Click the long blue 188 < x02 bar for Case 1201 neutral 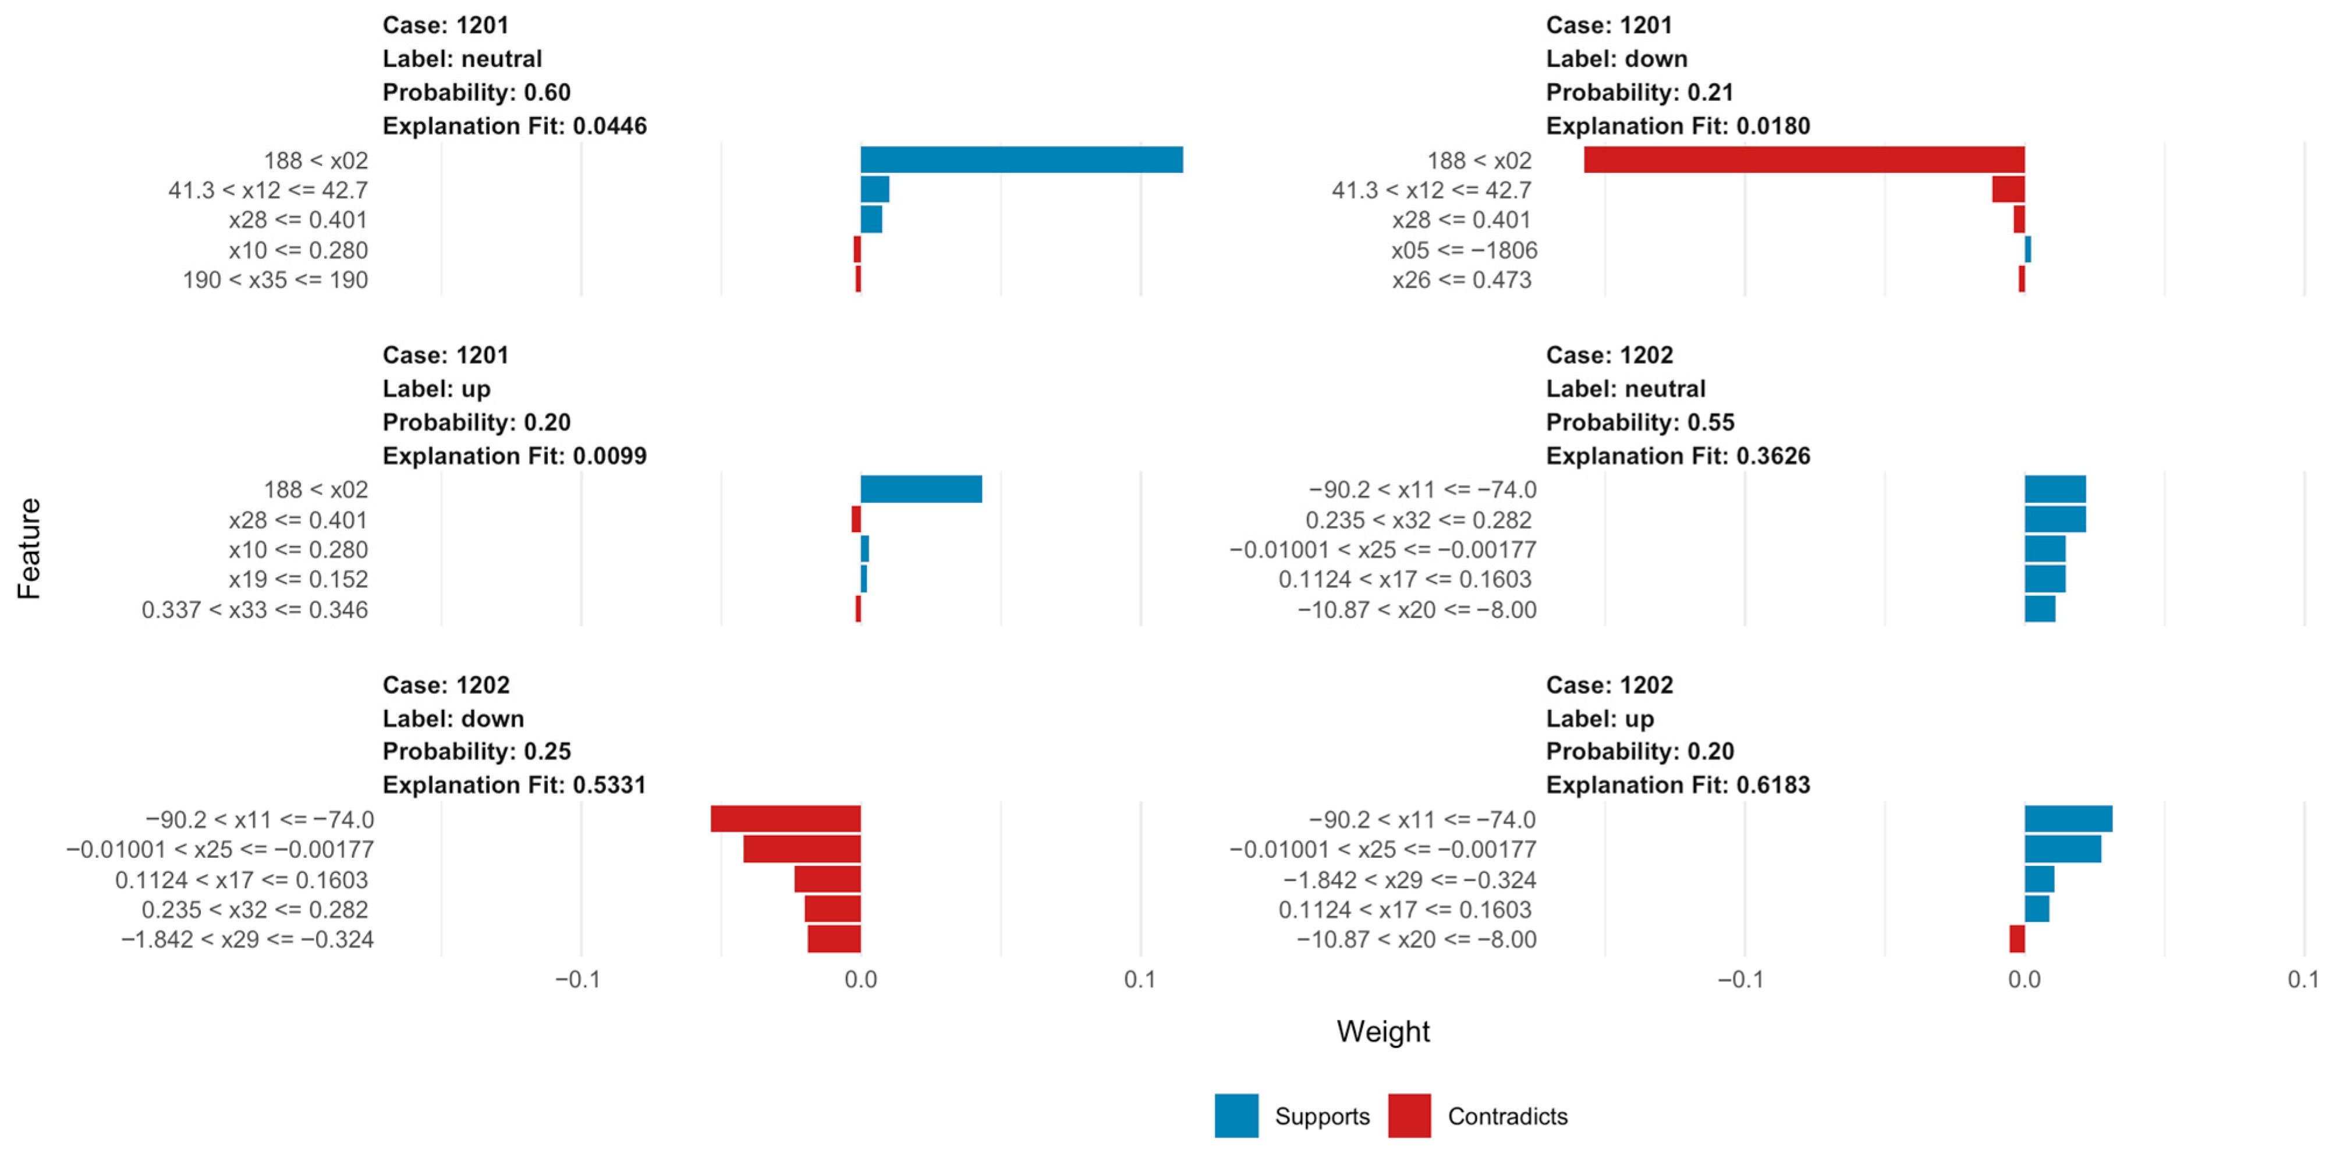1021,160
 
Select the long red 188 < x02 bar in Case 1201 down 1804,160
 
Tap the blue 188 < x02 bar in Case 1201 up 920,489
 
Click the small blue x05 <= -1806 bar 2028,250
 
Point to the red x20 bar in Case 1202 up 2017,939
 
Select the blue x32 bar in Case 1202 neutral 2055,520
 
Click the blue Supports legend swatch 1236,1116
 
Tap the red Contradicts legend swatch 1409,1116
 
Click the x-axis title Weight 1382,1032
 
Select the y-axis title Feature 29,548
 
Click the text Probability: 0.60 477,92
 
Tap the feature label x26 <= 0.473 1461,281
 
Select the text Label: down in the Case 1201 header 1616,59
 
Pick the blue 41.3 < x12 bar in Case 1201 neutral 874,190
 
